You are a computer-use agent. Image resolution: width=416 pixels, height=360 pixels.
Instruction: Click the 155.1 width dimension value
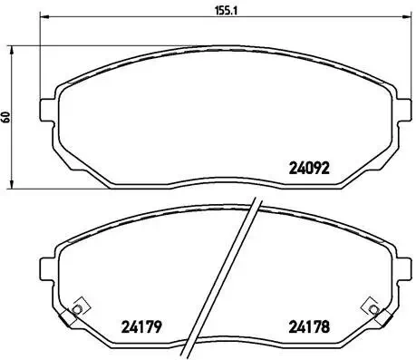click(212, 13)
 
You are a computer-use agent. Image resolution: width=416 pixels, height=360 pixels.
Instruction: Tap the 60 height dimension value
click(6, 117)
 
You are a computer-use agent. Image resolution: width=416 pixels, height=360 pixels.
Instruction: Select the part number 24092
click(308, 167)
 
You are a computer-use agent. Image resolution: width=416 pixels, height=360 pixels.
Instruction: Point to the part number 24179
click(141, 327)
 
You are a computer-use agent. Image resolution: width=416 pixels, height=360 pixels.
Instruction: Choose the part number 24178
click(308, 327)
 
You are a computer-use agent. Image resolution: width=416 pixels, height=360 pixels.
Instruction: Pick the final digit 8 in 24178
click(326, 327)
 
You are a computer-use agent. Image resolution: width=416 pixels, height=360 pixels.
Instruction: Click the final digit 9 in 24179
click(160, 327)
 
